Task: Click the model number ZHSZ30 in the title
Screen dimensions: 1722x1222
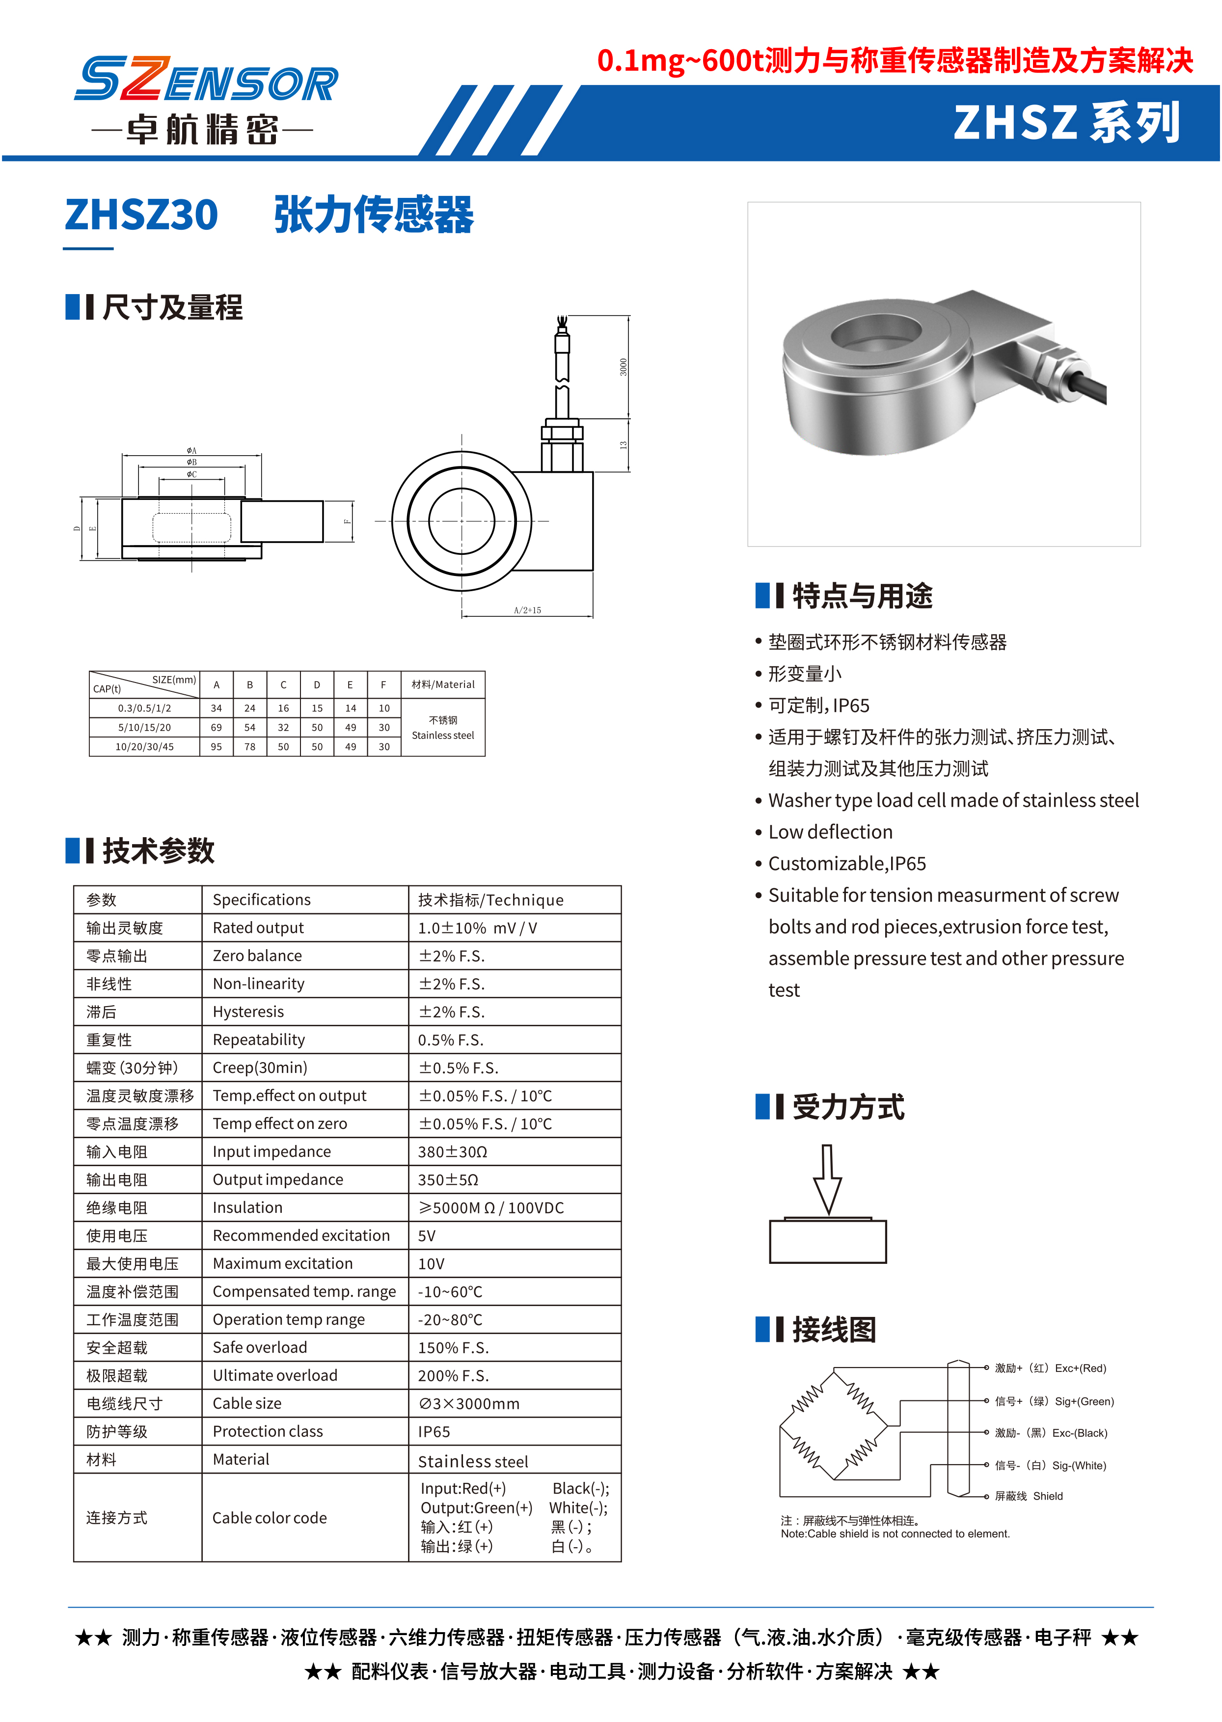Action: click(141, 215)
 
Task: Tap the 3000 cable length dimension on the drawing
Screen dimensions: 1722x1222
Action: click(623, 367)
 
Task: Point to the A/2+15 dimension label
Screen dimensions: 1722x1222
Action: click(527, 610)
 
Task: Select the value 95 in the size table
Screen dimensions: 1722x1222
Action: click(216, 747)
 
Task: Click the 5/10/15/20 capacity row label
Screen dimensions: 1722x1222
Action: click(144, 728)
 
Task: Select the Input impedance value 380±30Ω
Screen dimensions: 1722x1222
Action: click(452, 1151)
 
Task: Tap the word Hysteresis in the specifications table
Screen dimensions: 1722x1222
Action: click(248, 1011)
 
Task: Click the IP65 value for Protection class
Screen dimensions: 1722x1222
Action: click(434, 1431)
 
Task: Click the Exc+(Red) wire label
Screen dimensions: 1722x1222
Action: click(1080, 1368)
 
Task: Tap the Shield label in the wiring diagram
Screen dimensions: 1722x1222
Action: click(1047, 1496)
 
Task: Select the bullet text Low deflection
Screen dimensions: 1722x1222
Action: click(830, 832)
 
